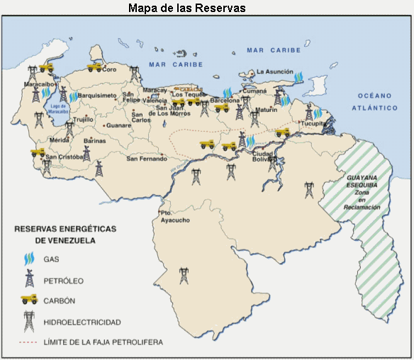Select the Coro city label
click(109, 69)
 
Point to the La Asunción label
click(275, 72)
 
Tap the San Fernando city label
click(147, 158)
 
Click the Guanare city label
click(119, 125)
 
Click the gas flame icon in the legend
click(28, 259)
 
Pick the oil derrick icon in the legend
click(29, 279)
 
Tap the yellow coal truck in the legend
click(29, 300)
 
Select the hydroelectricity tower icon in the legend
click(29, 320)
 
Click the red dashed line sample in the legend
click(29, 342)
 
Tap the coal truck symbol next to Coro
click(94, 68)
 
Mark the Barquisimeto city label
click(96, 95)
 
